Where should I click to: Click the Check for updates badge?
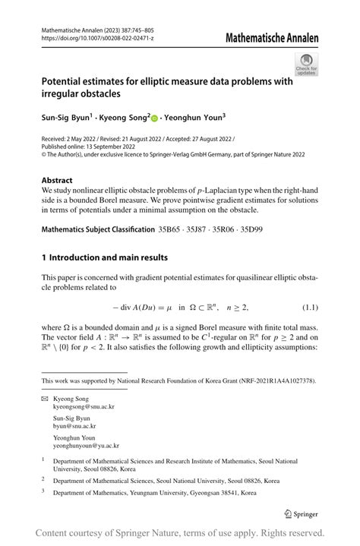[x=306, y=64]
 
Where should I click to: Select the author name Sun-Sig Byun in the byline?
[x=65, y=118]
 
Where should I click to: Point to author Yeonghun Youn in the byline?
[x=194, y=118]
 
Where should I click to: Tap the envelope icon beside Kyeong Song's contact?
[x=44, y=399]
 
